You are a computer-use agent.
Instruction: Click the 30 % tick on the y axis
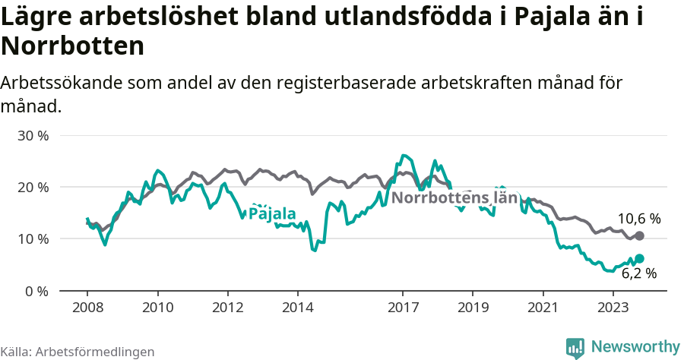click(x=33, y=135)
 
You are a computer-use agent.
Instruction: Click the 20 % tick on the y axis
click(x=33, y=187)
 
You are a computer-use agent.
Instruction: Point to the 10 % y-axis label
click(x=33, y=238)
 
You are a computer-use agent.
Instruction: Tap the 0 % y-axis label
click(x=36, y=291)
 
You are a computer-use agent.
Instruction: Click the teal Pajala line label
click(x=272, y=214)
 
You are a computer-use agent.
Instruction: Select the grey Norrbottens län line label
click(x=454, y=199)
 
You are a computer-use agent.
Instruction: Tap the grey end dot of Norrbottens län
click(x=639, y=236)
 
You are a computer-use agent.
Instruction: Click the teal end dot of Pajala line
click(x=639, y=259)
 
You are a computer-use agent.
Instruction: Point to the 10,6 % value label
click(x=638, y=219)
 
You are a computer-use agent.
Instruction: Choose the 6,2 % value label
click(x=638, y=273)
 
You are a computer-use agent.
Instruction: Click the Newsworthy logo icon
click(x=575, y=347)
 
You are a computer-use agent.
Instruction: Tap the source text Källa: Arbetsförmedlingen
click(x=78, y=352)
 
